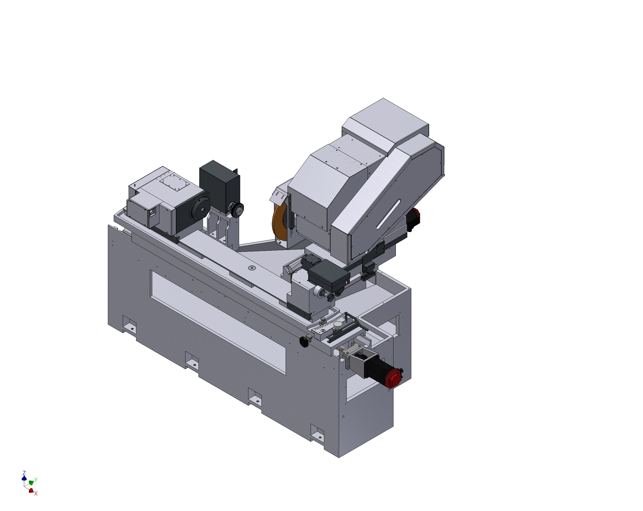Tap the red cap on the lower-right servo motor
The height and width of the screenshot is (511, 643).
point(393,378)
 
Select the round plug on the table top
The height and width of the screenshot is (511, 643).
point(252,268)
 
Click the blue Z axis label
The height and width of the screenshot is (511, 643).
point(24,473)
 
